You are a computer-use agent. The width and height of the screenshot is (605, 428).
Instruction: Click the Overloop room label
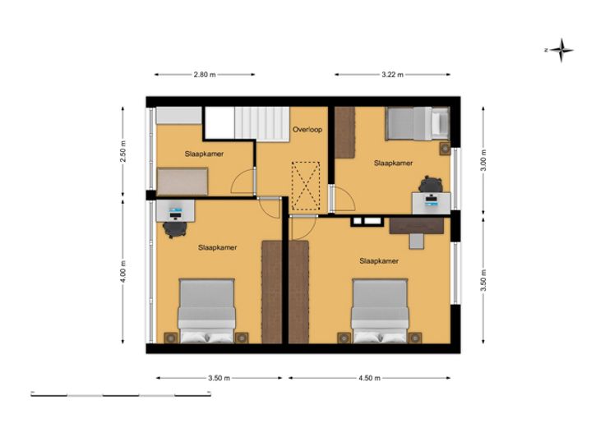pyautogui.click(x=307, y=130)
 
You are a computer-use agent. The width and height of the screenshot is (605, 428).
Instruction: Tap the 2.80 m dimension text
pyautogui.click(x=205, y=75)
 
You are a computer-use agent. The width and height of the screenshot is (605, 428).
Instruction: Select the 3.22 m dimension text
pyautogui.click(x=392, y=75)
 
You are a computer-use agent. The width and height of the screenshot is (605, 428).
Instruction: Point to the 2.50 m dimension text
pyautogui.click(x=123, y=151)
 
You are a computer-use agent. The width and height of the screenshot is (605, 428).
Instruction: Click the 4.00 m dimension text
pyautogui.click(x=123, y=271)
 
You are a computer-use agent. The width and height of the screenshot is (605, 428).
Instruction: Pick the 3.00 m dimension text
pyautogui.click(x=483, y=159)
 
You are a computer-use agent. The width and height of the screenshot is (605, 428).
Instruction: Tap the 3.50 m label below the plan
pyautogui.click(x=219, y=378)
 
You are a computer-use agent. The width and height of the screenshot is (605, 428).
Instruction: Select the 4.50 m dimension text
pyautogui.click(x=369, y=378)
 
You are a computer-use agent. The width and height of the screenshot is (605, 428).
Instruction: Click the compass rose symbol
pyautogui.click(x=561, y=50)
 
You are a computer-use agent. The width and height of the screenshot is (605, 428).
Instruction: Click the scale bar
pyautogui.click(x=121, y=394)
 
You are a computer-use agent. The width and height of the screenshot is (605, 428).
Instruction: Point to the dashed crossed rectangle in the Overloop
pyautogui.click(x=306, y=186)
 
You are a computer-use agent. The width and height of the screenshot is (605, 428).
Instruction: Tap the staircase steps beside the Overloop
pyautogui.click(x=262, y=124)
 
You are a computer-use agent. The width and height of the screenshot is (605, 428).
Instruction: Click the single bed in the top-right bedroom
pyautogui.click(x=417, y=123)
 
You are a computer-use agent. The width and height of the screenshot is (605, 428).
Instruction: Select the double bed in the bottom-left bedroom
pyautogui.click(x=206, y=311)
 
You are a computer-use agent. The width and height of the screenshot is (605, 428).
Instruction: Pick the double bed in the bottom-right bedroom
pyautogui.click(x=380, y=311)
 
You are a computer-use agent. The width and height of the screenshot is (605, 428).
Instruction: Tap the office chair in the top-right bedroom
pyautogui.click(x=431, y=184)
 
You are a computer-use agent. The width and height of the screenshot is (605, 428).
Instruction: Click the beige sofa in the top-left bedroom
pyautogui.click(x=182, y=182)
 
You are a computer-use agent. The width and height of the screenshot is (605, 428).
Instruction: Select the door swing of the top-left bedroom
pyautogui.click(x=242, y=182)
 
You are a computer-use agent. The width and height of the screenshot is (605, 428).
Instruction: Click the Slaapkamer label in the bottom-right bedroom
pyautogui.click(x=379, y=261)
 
